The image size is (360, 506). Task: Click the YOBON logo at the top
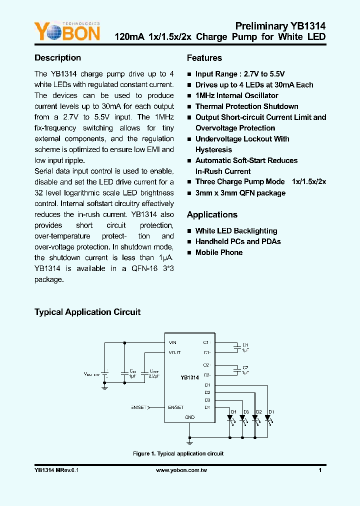[x=67, y=31]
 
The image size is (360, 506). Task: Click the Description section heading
[x=57, y=58]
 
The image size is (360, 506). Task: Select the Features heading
[x=204, y=58]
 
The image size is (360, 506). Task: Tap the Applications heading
[x=212, y=215]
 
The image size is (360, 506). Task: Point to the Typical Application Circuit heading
[x=87, y=312]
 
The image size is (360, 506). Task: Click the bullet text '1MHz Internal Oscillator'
[x=236, y=95]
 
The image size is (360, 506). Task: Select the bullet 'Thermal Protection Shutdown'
[x=246, y=106]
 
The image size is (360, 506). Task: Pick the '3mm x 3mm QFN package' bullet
[x=240, y=193]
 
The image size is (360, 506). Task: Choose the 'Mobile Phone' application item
[x=218, y=252]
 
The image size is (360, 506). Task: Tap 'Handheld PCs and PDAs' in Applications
[x=238, y=241]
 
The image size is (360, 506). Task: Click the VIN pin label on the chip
[x=172, y=342]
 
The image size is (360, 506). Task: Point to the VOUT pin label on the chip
[x=174, y=352]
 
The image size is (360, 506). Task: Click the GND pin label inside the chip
[x=190, y=417]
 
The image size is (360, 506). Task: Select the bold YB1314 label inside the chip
[x=190, y=377]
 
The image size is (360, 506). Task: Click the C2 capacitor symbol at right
[x=236, y=370]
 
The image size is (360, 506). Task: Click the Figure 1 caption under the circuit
[x=178, y=454]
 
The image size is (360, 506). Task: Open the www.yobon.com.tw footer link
[x=181, y=470]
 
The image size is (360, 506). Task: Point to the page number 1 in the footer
[x=320, y=470]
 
